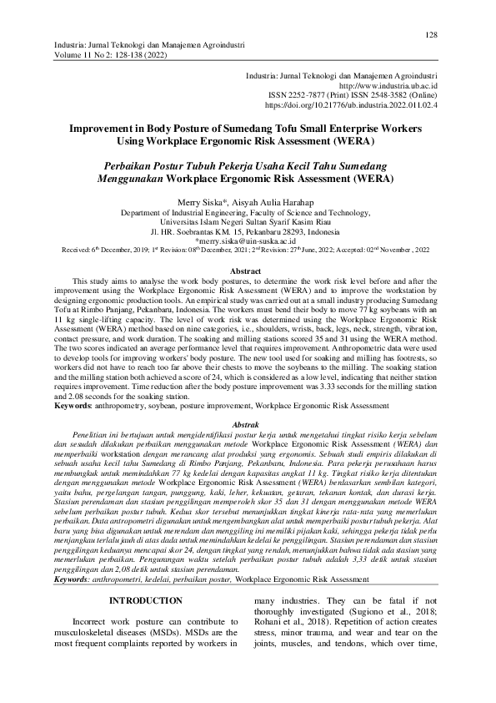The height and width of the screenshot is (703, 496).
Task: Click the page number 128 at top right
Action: click(x=432, y=34)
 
